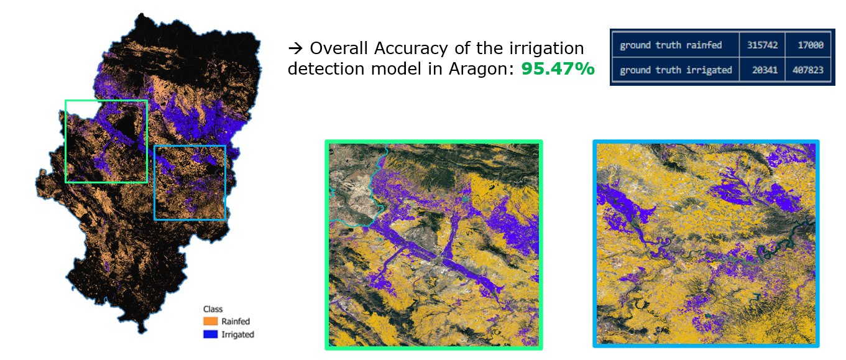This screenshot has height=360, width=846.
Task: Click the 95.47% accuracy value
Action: (558, 69)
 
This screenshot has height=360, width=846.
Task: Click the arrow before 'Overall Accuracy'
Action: (295, 48)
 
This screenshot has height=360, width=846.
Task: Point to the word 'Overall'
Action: (339, 48)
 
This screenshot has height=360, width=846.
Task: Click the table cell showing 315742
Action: (762, 45)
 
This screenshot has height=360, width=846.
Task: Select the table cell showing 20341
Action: (762, 70)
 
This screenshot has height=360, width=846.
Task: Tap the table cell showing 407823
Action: (808, 70)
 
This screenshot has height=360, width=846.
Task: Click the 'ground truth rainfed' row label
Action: (671, 45)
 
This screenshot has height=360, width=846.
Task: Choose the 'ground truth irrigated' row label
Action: (676, 70)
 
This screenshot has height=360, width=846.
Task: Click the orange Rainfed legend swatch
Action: (210, 321)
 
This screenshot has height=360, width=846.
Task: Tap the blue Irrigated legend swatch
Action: (210, 335)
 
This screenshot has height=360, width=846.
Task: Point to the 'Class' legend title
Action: (213, 309)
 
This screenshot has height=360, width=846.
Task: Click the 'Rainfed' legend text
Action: (236, 321)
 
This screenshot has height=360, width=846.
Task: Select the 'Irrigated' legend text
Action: (237, 335)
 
